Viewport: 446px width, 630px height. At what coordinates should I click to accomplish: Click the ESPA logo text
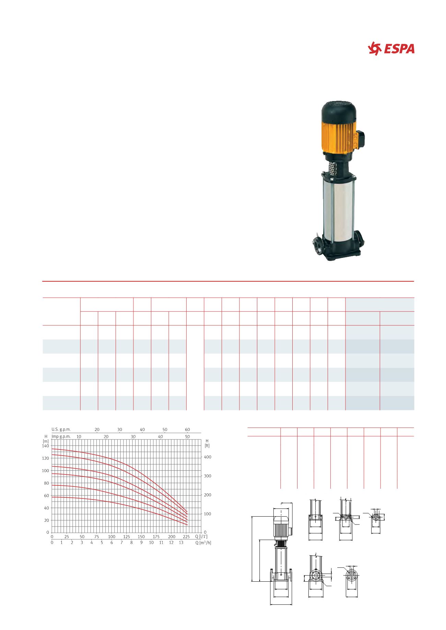(398, 49)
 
